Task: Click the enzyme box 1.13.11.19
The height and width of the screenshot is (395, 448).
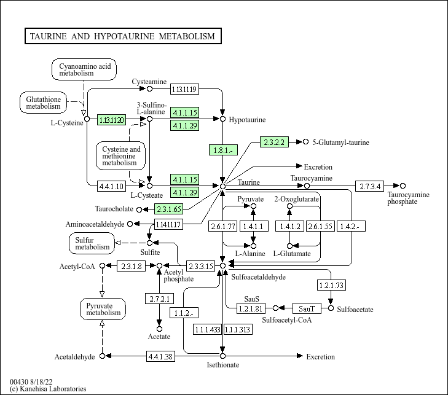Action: pos(184,89)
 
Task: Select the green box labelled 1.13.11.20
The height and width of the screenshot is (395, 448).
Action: pos(111,120)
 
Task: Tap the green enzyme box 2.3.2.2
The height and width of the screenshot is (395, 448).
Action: pos(274,142)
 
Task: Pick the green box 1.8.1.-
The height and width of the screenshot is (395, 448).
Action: pos(223,150)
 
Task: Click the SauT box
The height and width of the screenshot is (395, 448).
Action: pos(307,308)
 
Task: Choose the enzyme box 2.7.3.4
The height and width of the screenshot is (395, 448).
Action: pos(370,186)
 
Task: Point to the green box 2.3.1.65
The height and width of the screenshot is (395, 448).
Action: pos(168,209)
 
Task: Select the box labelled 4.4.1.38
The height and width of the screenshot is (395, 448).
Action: pos(160,356)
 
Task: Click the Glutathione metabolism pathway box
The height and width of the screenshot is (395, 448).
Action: pos(43,103)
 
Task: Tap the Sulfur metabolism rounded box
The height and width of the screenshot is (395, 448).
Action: pos(92,243)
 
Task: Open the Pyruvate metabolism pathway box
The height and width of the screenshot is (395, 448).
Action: pos(103,309)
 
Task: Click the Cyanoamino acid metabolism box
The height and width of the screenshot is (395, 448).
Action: pos(84,69)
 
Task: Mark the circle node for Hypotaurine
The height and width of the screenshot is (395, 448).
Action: pos(222,119)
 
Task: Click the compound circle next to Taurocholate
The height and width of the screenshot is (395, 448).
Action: pos(139,209)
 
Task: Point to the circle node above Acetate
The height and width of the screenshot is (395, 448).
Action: pos(159,329)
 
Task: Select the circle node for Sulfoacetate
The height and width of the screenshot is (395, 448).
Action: pos(331,308)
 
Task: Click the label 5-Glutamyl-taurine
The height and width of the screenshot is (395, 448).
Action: pos(340,143)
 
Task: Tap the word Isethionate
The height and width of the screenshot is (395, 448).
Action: pos(223,365)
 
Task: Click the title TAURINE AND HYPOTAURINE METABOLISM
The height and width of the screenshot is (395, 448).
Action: pos(122,36)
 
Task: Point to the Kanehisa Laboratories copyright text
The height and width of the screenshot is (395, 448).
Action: pos(48,389)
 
